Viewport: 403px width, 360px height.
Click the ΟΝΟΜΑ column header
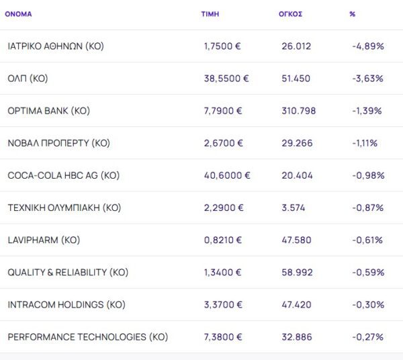tap(18, 13)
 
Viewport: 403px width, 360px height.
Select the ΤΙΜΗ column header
tap(210, 13)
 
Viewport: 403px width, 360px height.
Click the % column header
tap(353, 13)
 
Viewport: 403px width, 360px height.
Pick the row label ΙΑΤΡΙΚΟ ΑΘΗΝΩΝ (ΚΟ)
tap(56, 46)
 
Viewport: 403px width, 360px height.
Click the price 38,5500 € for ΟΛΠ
tap(226, 79)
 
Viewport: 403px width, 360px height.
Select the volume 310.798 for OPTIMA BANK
tap(298, 111)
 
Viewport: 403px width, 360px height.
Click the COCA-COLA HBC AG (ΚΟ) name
tap(63, 175)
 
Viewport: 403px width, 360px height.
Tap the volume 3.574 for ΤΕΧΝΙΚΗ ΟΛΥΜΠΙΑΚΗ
tap(293, 208)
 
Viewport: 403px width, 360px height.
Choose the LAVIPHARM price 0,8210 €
tap(223, 240)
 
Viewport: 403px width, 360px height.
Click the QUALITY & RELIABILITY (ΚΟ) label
tap(68, 272)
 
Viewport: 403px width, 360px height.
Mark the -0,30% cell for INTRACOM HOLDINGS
tap(367, 304)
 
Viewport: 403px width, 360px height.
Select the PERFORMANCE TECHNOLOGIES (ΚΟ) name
tap(87, 336)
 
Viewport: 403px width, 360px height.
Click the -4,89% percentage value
tap(367, 46)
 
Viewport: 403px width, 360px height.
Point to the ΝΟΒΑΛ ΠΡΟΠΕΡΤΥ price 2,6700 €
tap(223, 143)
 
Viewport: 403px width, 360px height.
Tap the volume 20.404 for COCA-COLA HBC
tap(296, 175)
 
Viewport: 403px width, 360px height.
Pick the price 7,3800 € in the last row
tap(224, 336)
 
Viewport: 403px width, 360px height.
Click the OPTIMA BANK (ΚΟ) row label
tap(48, 111)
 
